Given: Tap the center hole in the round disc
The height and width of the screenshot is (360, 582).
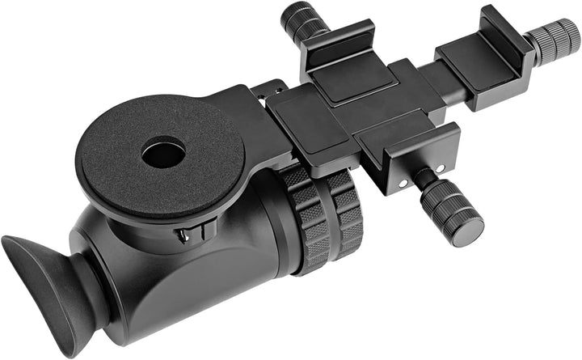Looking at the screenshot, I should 162,154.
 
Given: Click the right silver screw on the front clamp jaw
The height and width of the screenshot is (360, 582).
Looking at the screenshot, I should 441,168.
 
